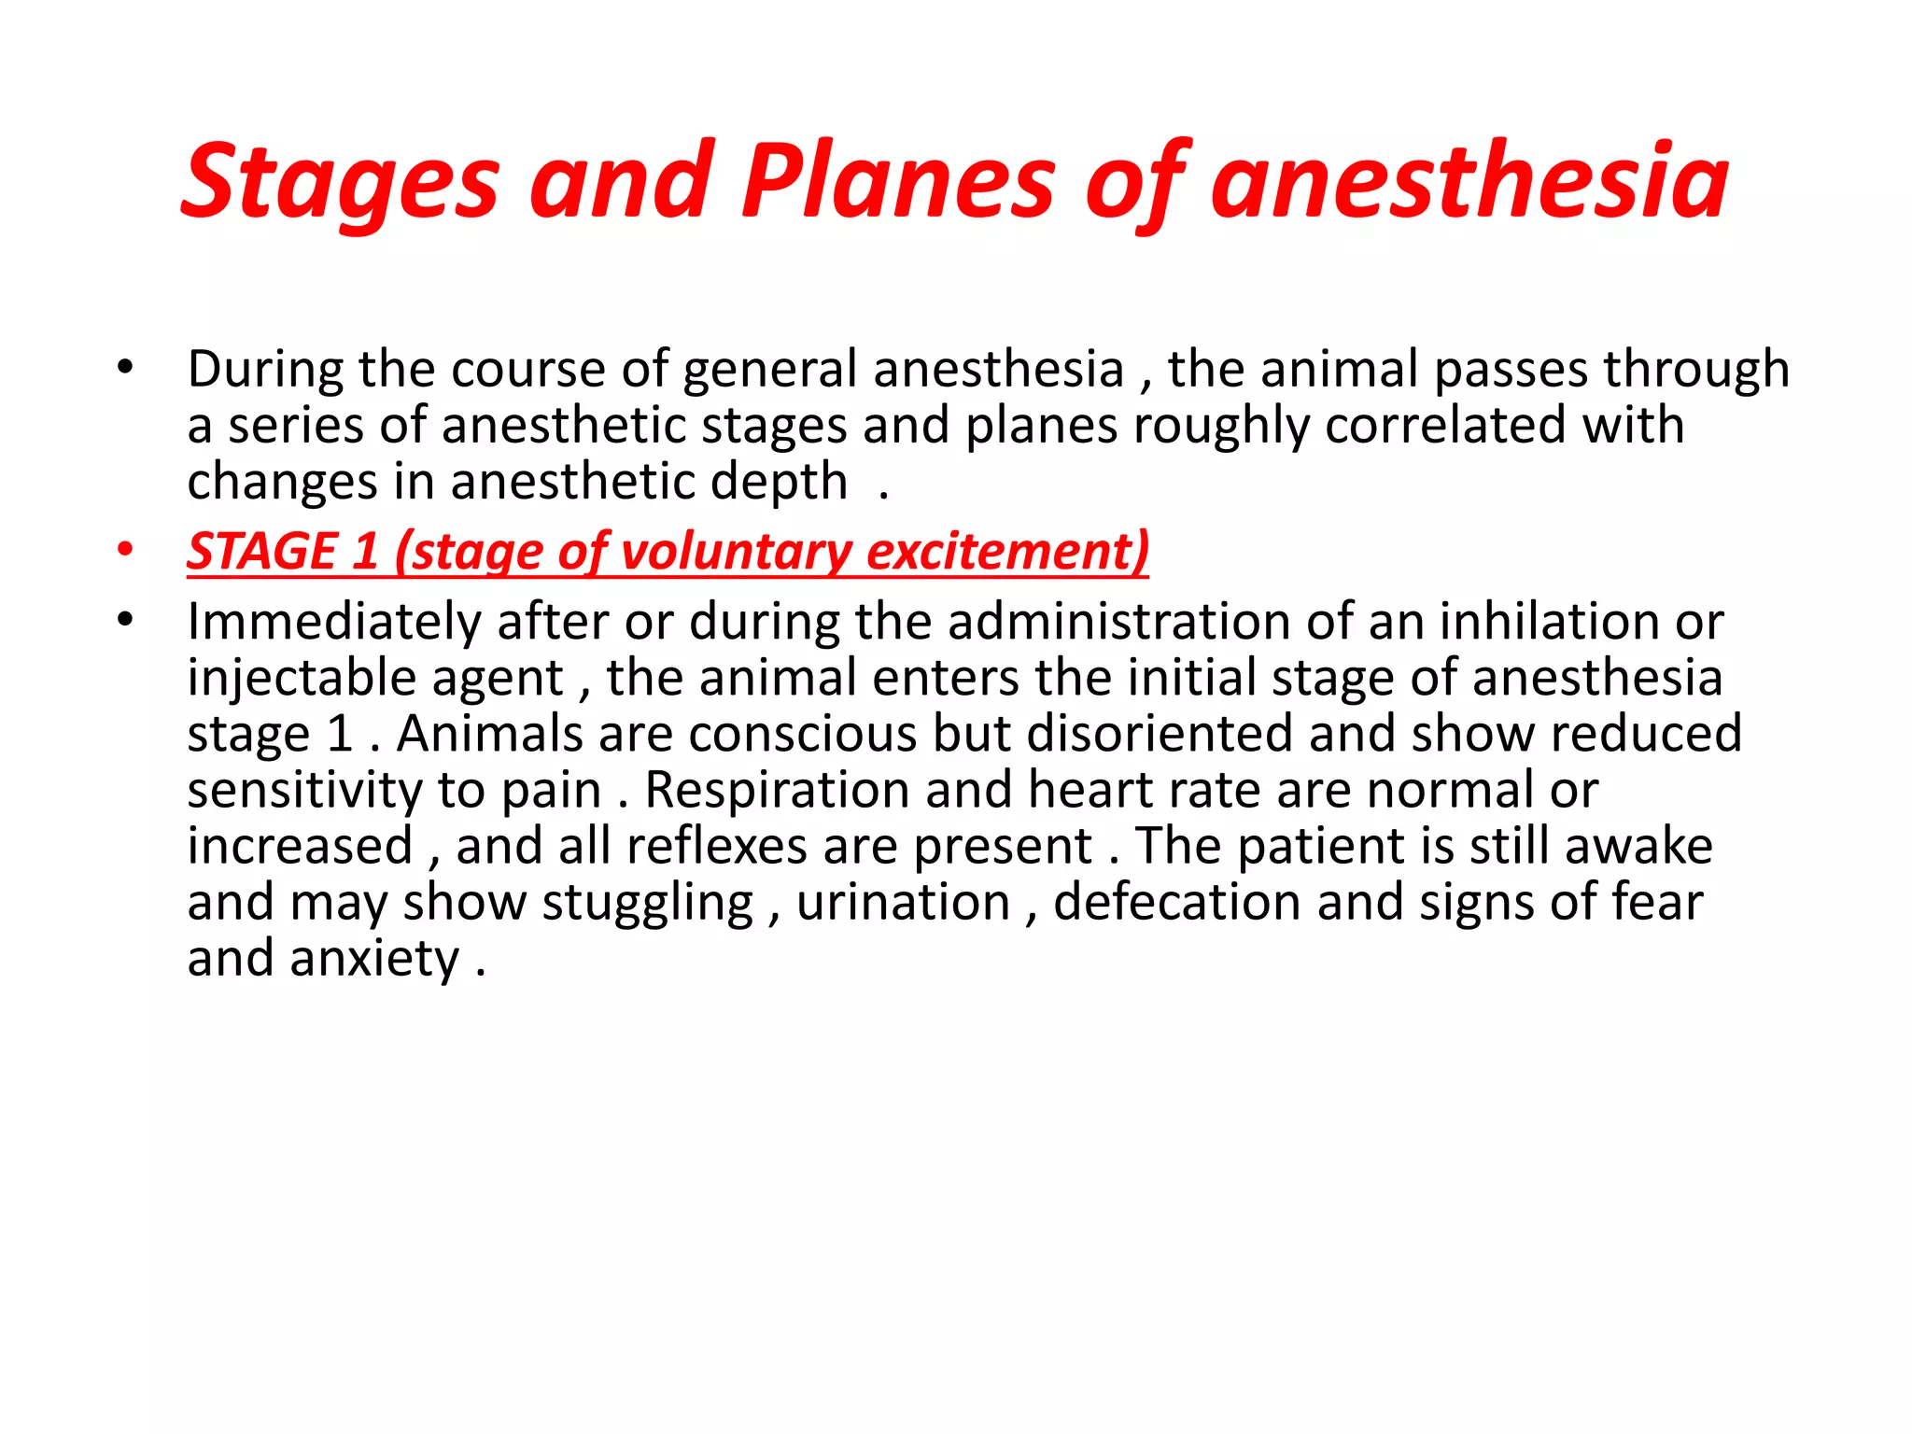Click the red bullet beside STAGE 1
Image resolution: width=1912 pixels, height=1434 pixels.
click(125, 550)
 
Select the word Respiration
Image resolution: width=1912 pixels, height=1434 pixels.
click(777, 790)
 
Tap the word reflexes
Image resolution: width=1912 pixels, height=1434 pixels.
click(717, 846)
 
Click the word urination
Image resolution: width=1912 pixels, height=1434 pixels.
click(904, 903)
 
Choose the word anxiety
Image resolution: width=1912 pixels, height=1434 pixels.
click(374, 959)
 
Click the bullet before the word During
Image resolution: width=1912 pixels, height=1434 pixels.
click(125, 367)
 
